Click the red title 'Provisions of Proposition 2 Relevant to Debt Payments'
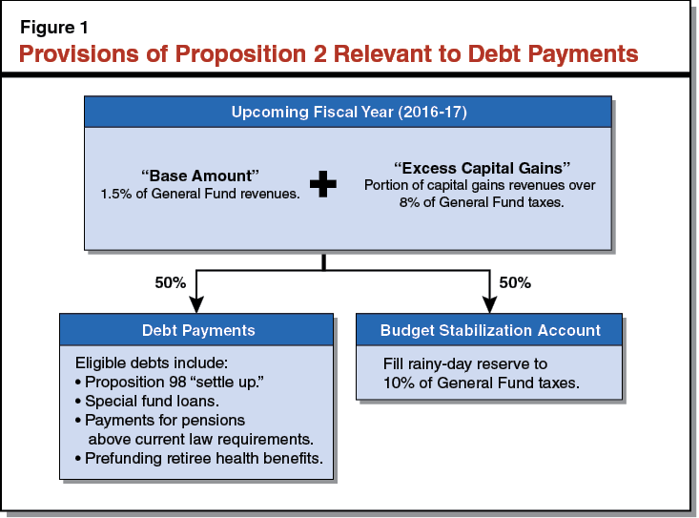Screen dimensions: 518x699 [328, 52]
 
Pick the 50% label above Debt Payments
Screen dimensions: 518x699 [169, 283]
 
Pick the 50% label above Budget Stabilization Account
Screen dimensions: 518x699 [514, 283]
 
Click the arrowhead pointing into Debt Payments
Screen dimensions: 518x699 [196, 304]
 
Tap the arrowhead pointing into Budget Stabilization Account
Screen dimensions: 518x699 [490, 304]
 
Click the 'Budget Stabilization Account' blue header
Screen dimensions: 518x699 [490, 330]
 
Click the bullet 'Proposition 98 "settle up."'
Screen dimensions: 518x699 [164, 382]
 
